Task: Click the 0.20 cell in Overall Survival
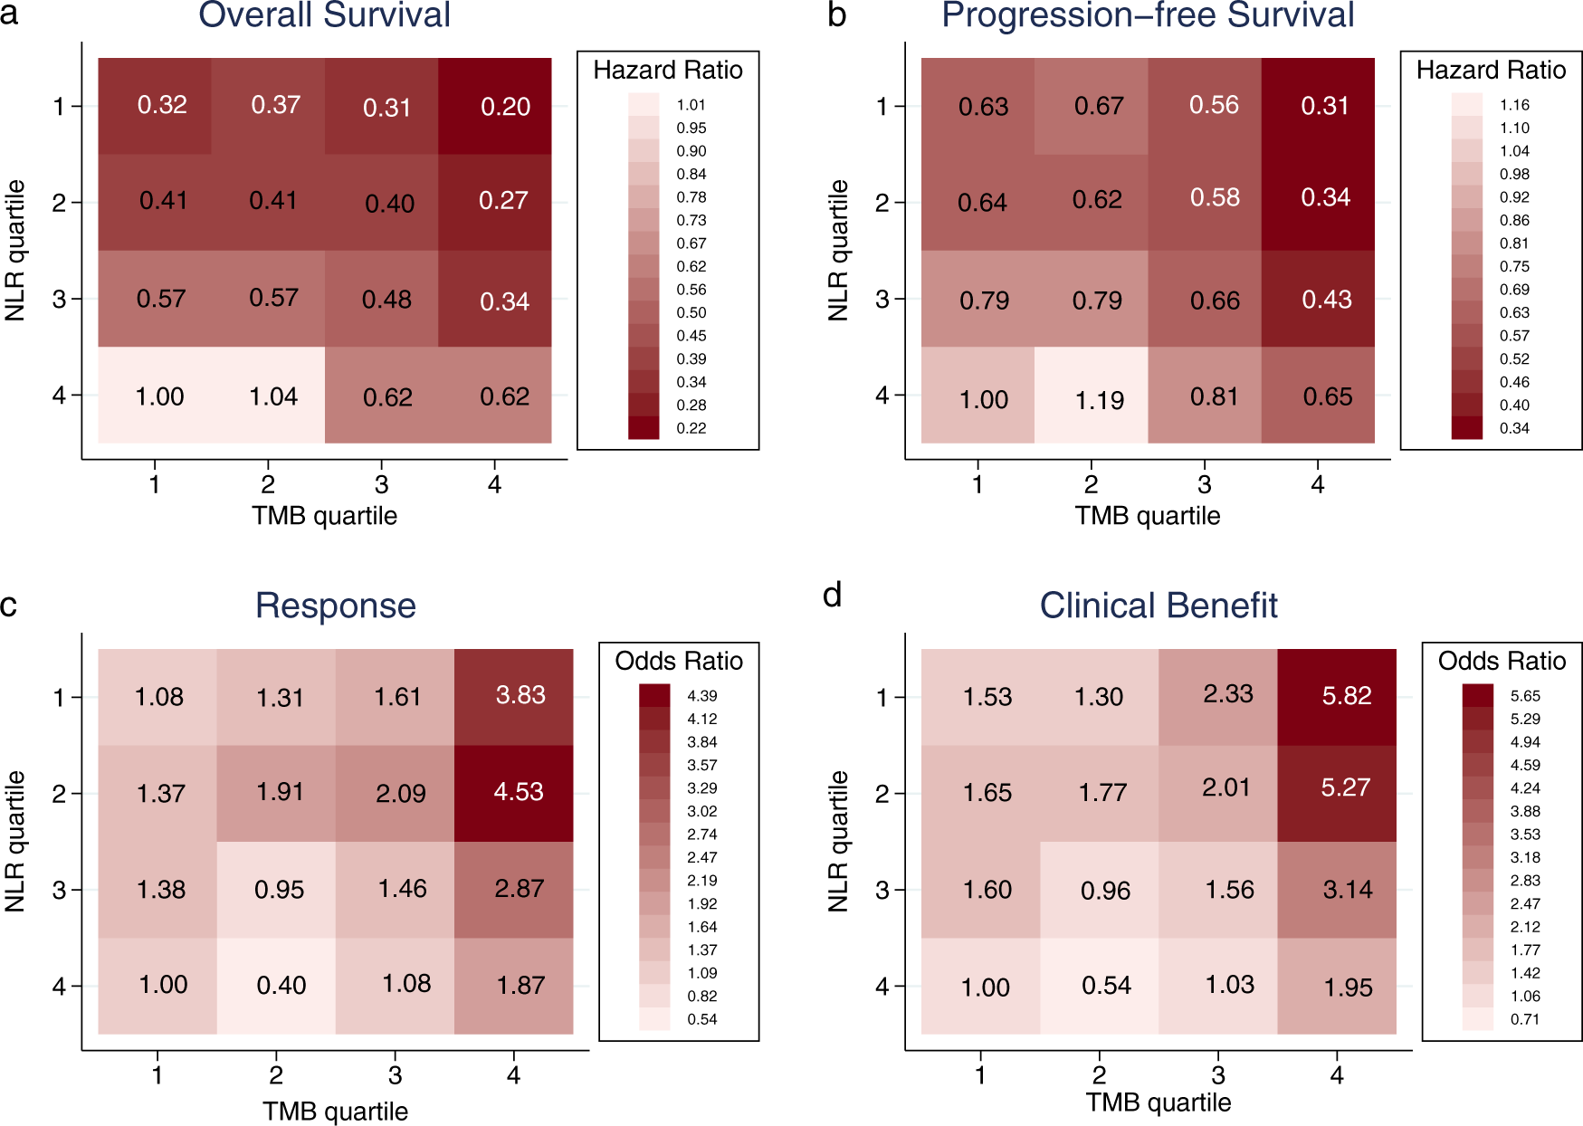[505, 107]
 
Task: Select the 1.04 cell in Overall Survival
[273, 396]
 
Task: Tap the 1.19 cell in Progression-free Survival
[1099, 400]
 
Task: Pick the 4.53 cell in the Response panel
[518, 792]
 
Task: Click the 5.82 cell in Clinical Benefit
[1346, 696]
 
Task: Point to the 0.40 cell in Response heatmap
[281, 985]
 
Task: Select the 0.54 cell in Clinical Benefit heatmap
[1106, 985]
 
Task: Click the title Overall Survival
[324, 15]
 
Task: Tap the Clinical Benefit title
[1158, 606]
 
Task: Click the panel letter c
[9, 604]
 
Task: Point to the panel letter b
[837, 15]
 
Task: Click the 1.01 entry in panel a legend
[691, 105]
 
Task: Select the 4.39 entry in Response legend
[701, 696]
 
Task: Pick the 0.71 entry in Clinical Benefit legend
[1524, 1019]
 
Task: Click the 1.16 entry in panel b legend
[1514, 105]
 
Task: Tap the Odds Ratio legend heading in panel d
[1502, 661]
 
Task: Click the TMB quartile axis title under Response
[335, 1111]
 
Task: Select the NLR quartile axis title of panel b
[838, 250]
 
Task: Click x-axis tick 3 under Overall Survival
[381, 484]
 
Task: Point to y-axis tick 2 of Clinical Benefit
[882, 794]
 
